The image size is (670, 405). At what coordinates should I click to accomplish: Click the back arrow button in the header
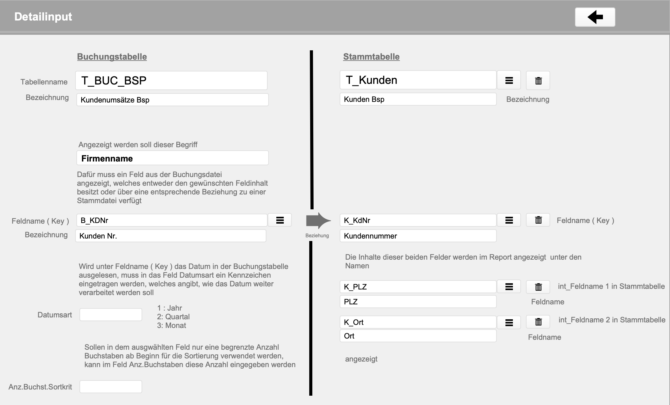[x=595, y=17]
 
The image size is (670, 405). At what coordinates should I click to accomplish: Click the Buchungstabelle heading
[x=112, y=57]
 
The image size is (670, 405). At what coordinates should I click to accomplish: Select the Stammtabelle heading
[x=371, y=57]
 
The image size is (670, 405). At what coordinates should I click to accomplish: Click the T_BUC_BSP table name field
[x=171, y=80]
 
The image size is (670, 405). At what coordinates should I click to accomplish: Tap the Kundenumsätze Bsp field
[x=172, y=100]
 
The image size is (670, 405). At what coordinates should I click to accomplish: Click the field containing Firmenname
[x=172, y=158]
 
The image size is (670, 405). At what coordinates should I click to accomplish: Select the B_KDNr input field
[x=171, y=220]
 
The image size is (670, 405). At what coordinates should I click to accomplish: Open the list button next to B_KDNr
[x=280, y=220]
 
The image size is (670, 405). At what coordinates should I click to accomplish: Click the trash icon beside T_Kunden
[x=538, y=80]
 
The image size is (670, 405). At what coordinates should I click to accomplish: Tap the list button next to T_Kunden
[x=509, y=80]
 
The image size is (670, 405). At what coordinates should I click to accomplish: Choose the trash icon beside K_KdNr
[x=538, y=220]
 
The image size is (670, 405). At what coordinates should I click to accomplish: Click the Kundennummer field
[x=418, y=236]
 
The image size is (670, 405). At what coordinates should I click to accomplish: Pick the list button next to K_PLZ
[x=509, y=287]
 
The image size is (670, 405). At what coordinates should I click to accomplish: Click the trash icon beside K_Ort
[x=538, y=322]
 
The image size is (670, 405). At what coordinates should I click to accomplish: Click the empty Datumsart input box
[x=111, y=315]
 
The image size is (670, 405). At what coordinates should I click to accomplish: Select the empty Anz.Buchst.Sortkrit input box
[x=111, y=387]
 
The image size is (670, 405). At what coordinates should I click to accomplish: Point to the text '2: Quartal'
[x=173, y=317]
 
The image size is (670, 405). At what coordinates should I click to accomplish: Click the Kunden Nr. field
[x=170, y=236]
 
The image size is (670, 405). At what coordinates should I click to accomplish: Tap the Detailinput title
[x=43, y=16]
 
